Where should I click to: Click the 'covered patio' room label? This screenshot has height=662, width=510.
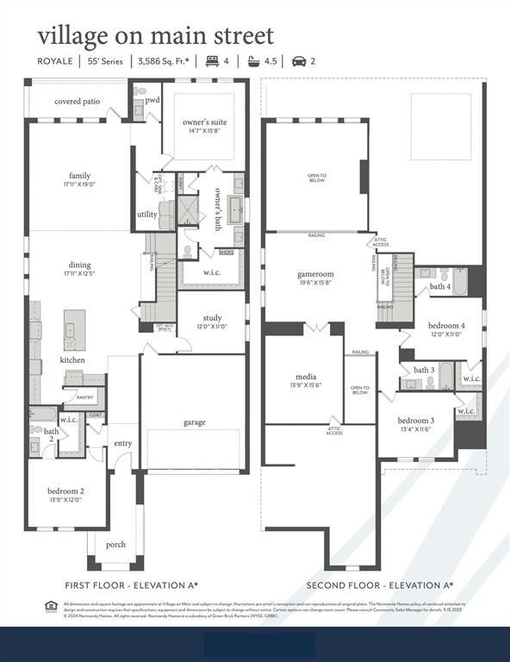78,101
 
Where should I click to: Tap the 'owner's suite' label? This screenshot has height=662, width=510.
204,122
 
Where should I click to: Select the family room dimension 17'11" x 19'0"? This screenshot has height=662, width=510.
79,184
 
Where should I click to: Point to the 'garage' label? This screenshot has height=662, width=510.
194,422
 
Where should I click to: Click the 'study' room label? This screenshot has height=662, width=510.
212,318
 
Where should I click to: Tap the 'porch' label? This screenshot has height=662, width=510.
115,544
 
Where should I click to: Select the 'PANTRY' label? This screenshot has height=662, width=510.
84,397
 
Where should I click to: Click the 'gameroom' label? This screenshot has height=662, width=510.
315,274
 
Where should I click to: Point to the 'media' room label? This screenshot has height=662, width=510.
305,377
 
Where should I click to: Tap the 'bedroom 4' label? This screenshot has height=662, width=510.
446,325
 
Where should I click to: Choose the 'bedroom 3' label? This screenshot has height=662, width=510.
416,420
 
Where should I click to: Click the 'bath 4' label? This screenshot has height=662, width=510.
439,286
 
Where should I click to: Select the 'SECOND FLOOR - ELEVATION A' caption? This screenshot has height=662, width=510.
380,585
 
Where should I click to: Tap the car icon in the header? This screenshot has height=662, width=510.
298,61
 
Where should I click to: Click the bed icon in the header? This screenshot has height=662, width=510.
211,61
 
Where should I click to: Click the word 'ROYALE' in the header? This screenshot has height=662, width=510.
55,61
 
